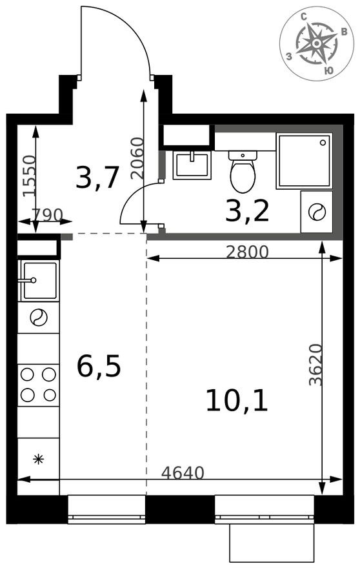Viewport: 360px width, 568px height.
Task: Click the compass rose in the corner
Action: [x=317, y=43]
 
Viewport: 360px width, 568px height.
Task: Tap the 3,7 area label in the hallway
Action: [x=97, y=177]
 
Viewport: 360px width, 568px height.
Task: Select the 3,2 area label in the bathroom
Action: [x=247, y=210]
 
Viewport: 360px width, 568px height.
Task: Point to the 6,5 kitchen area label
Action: [x=99, y=367]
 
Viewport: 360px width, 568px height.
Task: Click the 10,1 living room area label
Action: [x=236, y=401]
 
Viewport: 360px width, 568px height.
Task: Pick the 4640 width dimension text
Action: [x=183, y=473]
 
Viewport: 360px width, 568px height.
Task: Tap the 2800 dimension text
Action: [x=247, y=252]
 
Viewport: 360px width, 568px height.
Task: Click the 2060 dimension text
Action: [x=135, y=158]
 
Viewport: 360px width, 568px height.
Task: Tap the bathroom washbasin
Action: [x=192, y=165]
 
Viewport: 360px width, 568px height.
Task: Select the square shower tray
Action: [x=304, y=161]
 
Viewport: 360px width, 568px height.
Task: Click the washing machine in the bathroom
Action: [x=317, y=212]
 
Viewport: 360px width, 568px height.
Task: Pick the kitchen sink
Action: [x=39, y=280]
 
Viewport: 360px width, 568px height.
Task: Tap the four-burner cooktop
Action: [x=38, y=384]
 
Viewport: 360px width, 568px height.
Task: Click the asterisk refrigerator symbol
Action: [x=38, y=460]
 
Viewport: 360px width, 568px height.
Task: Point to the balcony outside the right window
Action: [x=272, y=542]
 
